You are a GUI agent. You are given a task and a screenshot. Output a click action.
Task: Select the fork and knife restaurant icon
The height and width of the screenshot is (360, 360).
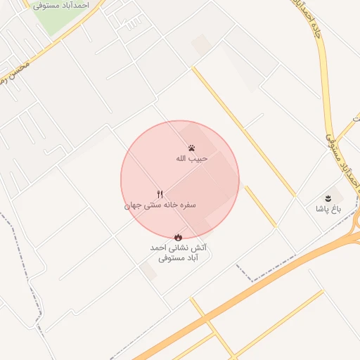[x=160, y=194]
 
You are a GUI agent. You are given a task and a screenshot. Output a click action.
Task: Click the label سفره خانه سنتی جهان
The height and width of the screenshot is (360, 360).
[x=160, y=206]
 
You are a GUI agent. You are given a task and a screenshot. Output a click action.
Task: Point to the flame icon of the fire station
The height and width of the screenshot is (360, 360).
[x=178, y=238]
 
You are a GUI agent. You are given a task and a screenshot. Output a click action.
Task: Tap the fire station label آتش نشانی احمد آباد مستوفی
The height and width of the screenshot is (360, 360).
[x=179, y=253]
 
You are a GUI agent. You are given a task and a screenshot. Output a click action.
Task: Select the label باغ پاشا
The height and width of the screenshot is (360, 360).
[x=327, y=210]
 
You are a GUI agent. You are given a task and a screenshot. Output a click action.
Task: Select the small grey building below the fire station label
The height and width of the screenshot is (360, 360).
[x=148, y=271]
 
